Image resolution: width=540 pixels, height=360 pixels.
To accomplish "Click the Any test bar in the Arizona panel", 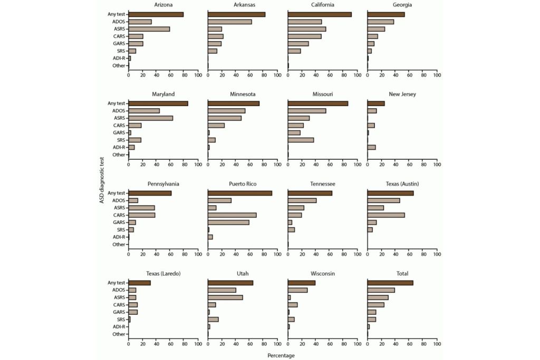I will pos(156,14).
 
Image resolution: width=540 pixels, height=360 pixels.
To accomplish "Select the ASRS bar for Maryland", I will pos(151,118).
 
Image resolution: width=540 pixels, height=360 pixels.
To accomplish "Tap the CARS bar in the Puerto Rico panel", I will pos(232,215).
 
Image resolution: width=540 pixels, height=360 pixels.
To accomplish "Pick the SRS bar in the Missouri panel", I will pos(301,140).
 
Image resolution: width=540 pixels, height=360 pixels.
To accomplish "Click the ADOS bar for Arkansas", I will pos(230,22).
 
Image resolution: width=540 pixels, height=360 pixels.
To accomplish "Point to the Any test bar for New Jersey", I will pos(376,103).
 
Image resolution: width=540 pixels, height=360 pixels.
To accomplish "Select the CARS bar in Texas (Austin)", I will pos(386,215).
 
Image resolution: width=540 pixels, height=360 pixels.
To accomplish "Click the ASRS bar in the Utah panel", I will pos(225,297).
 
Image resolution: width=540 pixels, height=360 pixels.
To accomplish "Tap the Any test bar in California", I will pos(320,14).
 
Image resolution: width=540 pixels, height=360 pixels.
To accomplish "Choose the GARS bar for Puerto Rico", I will pos(228,222).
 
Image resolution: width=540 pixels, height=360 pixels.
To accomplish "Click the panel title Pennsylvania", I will pos(163,184).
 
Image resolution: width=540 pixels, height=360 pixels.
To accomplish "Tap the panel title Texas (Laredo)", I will pos(163,274).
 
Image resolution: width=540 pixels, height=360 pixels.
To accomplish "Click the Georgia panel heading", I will pos(402,5).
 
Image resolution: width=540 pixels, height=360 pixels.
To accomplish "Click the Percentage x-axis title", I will pos(281,356).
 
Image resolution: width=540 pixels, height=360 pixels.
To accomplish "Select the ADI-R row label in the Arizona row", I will pos(119,58).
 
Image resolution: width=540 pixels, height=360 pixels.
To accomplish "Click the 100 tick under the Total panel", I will pos(437,344).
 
